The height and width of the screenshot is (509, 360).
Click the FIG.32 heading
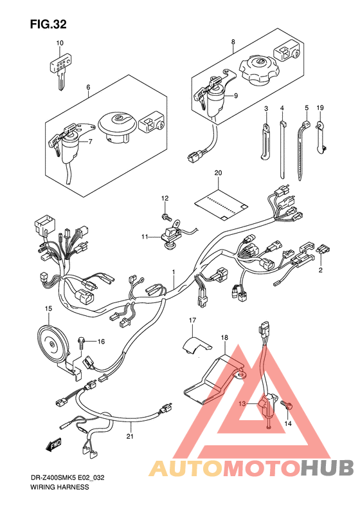pyautogui.click(x=48, y=24)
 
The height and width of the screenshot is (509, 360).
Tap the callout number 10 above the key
pyautogui.click(x=60, y=43)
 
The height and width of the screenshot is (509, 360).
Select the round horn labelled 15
pyautogui.click(x=51, y=344)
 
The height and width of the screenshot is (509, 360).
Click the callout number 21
pyautogui.click(x=130, y=436)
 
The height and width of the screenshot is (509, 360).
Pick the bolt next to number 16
pyautogui.click(x=81, y=342)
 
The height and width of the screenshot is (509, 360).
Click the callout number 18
pyautogui.click(x=224, y=338)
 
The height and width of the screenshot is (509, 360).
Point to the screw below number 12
pyautogui.click(x=166, y=216)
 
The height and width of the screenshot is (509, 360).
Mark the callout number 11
pyautogui.click(x=145, y=237)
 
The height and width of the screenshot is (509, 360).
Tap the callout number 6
pyautogui.click(x=88, y=87)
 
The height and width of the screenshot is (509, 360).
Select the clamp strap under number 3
pyautogui.click(x=265, y=141)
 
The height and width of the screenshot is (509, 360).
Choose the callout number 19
pyautogui.click(x=320, y=107)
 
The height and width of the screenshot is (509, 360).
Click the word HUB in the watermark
pyautogui.click(x=327, y=468)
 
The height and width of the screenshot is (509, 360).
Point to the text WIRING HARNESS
pyautogui.click(x=59, y=487)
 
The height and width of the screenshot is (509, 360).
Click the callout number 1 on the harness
pyautogui.click(x=174, y=271)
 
